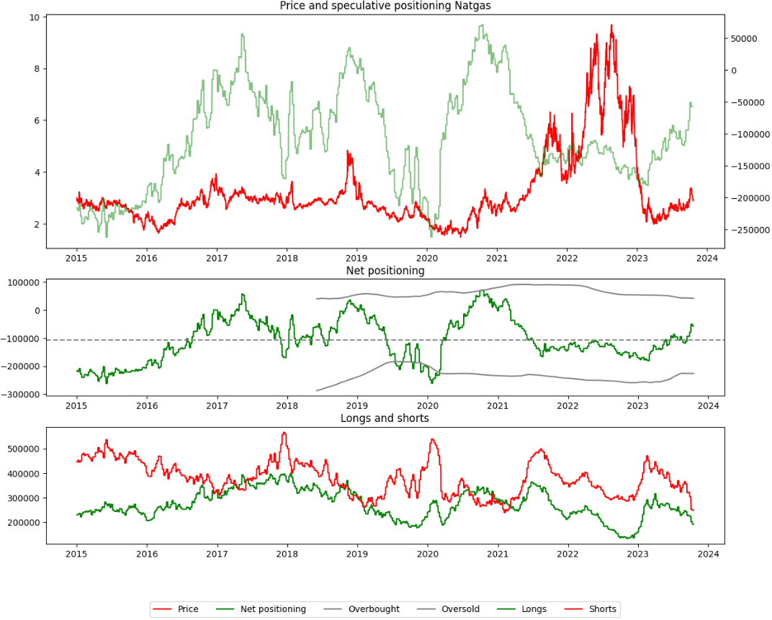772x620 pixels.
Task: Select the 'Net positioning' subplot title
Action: (385, 271)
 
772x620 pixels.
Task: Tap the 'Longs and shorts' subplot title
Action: (385, 418)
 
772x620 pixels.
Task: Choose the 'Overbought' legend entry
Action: (374, 609)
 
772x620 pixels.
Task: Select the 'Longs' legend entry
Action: (534, 609)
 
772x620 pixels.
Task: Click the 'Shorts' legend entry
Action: (601, 609)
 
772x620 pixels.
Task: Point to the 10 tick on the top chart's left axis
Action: (34, 17)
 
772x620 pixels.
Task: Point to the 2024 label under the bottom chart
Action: (707, 554)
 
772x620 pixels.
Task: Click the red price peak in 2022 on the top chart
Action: (611, 26)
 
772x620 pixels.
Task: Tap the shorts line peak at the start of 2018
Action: (284, 433)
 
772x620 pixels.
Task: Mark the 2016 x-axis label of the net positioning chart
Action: (147, 406)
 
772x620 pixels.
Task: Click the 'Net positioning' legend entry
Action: (272, 609)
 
